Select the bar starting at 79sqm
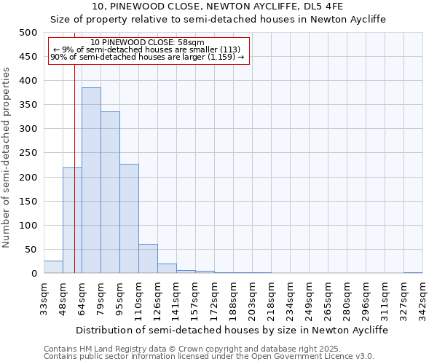pos(110,192)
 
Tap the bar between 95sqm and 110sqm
pos(129,218)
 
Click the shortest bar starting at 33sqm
pos(53,267)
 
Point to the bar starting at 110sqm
pos(148,258)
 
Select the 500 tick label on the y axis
pos(28,33)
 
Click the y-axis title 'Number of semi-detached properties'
pos(8,157)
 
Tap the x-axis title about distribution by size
pos(232,330)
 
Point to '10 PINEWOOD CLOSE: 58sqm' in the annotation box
pos(148,43)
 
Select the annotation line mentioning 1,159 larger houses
pos(148,57)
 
